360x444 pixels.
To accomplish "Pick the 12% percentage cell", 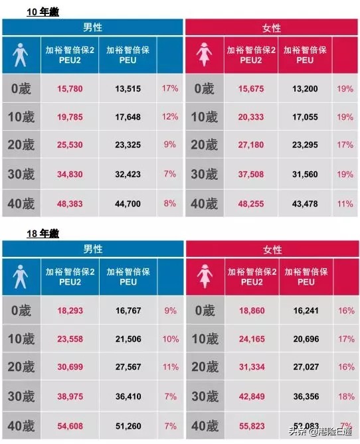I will pyautogui.click(x=170, y=117).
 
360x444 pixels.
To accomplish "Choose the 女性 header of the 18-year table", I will pyautogui.click(x=272, y=250).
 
